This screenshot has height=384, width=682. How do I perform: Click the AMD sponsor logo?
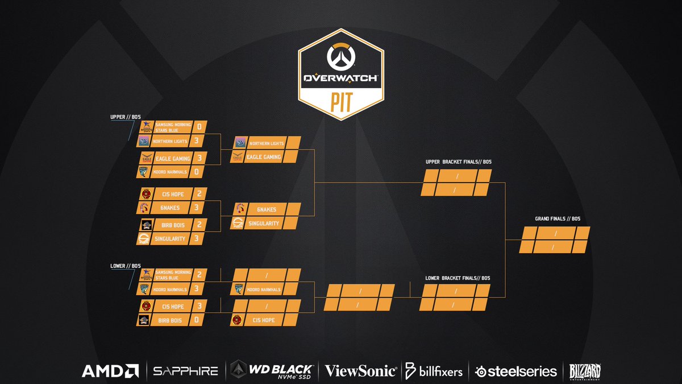110,371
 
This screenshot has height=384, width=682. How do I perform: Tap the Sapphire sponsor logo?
185,371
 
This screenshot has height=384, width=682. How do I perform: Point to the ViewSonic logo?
360,371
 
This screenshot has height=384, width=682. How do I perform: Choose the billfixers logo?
434,371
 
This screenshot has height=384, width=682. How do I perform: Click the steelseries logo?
515,371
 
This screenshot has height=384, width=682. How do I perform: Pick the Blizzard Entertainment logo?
585,371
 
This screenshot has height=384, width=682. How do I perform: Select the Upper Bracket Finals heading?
458,162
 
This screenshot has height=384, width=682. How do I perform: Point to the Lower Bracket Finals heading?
458,278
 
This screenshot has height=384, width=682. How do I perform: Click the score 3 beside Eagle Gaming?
199,158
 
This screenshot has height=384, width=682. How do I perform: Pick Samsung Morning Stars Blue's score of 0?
199,126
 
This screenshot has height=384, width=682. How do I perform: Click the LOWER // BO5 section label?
124,265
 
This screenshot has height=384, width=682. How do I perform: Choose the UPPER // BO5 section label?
124,117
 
